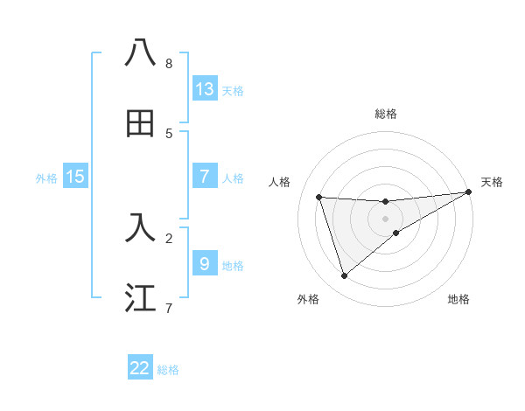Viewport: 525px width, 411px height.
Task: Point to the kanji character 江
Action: pyautogui.click(x=140, y=297)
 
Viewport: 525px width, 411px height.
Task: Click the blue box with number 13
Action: pyautogui.click(x=204, y=88)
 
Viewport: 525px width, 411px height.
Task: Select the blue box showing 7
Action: pyautogui.click(x=204, y=176)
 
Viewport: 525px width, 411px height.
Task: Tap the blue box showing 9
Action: pyautogui.click(x=204, y=262)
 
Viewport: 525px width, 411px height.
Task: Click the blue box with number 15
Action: pyautogui.click(x=75, y=177)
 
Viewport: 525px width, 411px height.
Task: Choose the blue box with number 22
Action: pyautogui.click(x=140, y=368)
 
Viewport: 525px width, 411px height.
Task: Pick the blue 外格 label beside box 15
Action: pyautogui.click(x=46, y=178)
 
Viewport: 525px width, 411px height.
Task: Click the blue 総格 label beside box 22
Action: pyautogui.click(x=168, y=370)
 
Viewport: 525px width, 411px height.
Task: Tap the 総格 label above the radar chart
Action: pyautogui.click(x=386, y=114)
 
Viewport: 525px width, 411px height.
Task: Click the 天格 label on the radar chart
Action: pyautogui.click(x=492, y=182)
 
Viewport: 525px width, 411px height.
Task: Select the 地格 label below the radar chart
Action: pyautogui.click(x=458, y=299)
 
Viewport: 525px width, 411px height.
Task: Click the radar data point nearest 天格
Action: pyautogui.click(x=469, y=192)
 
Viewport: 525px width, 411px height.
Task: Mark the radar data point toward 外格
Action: pyautogui.click(x=344, y=276)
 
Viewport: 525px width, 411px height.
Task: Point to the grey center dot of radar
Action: pyautogui.click(x=386, y=219)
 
